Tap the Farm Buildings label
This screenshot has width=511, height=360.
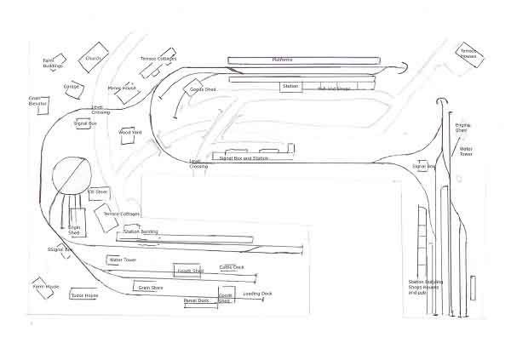[x=54, y=63]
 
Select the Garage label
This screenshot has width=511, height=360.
[x=72, y=86]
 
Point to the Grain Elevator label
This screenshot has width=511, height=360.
[x=37, y=100]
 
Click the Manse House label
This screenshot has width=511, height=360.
[x=122, y=88]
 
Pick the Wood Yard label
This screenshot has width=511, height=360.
[x=130, y=133]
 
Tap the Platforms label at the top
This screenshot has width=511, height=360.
[x=282, y=60]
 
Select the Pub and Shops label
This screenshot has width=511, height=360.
[x=334, y=88]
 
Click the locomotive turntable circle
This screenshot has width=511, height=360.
[x=71, y=178]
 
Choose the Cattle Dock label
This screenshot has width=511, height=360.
[x=232, y=266]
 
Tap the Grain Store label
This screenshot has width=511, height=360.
[x=151, y=288]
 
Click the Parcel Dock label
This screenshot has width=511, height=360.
[x=197, y=300]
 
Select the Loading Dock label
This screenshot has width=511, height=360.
[x=257, y=294]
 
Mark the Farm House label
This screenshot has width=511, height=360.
[x=46, y=287]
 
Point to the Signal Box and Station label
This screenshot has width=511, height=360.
[x=244, y=158]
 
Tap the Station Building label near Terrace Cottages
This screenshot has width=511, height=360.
[x=141, y=231]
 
